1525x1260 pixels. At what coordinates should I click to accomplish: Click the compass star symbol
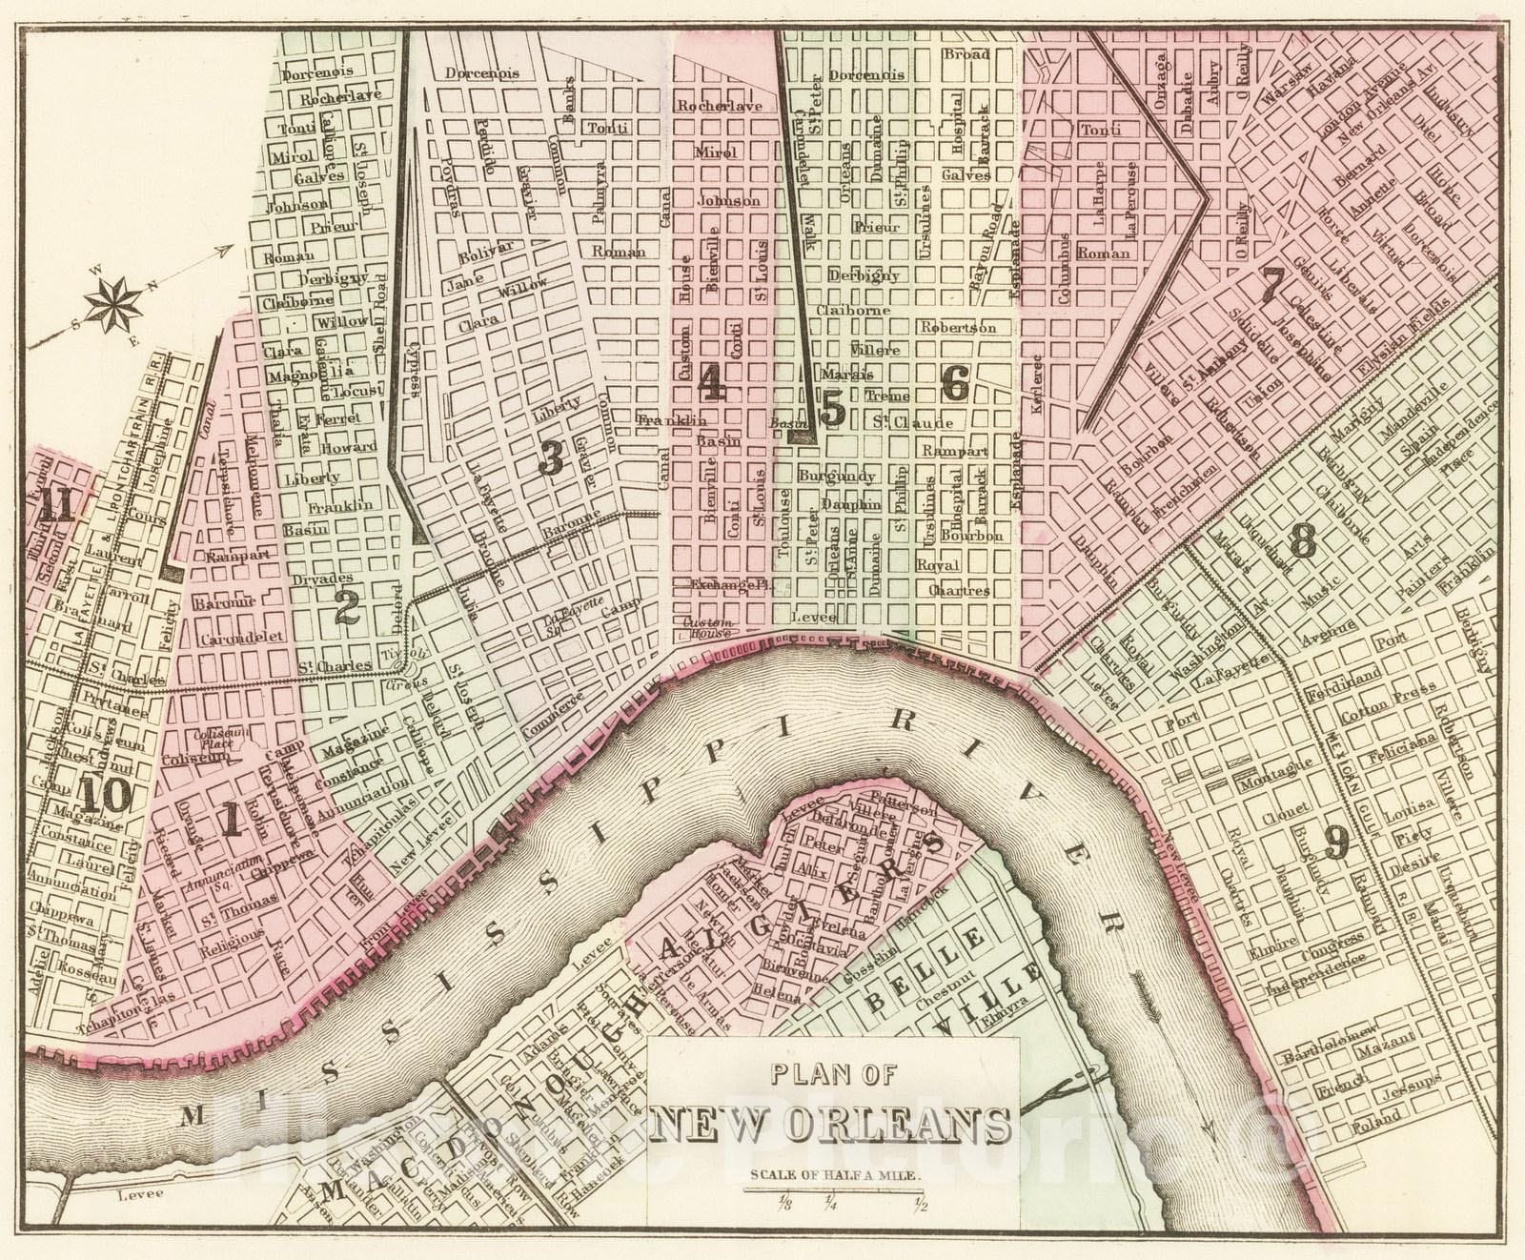click(x=113, y=303)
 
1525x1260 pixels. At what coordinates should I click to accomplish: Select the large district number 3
click(x=551, y=458)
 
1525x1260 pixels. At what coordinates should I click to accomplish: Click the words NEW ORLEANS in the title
click(x=833, y=1126)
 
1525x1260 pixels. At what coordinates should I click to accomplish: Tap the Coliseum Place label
click(x=214, y=742)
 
